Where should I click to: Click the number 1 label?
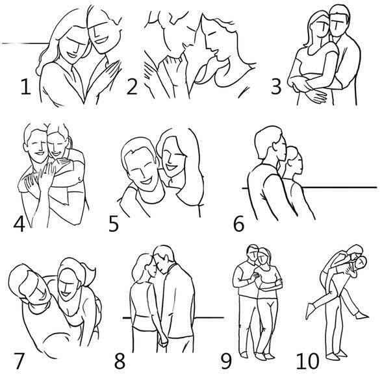click(x=25, y=87)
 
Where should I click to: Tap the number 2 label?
click(x=132, y=87)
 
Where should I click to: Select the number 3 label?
click(x=276, y=86)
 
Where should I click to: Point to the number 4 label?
click(x=19, y=224)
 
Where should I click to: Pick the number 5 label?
click(x=114, y=224)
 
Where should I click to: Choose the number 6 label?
click(x=238, y=224)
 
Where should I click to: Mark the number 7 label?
click(x=19, y=361)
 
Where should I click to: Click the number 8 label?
click(x=120, y=361)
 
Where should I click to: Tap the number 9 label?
click(x=226, y=361)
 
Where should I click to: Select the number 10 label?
click(x=308, y=361)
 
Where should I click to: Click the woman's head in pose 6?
click(x=294, y=160)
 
